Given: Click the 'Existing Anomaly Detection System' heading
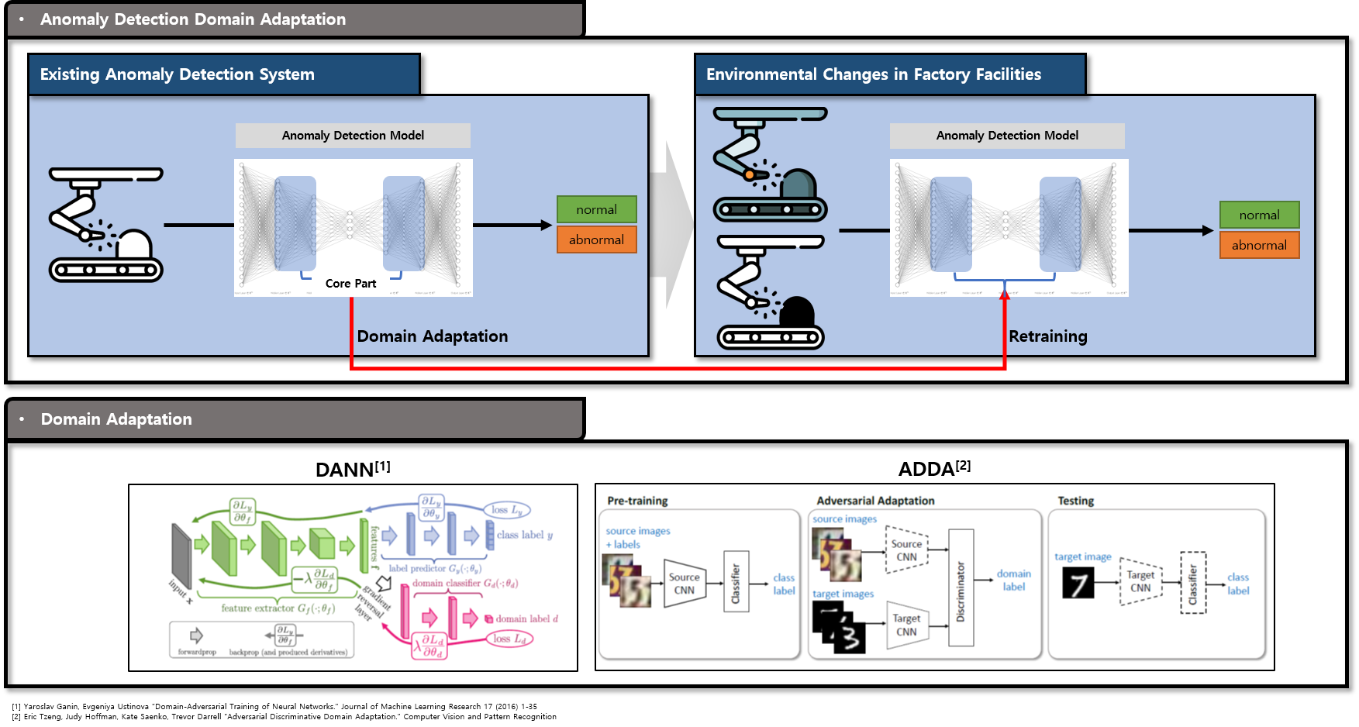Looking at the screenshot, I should (178, 74).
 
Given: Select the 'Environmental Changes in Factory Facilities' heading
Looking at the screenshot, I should (874, 74).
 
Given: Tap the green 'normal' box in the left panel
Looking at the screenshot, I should (596, 209).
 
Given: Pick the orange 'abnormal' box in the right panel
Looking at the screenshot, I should (1259, 245).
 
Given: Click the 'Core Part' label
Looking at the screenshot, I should (350, 284).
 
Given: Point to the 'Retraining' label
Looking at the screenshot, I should (1048, 336).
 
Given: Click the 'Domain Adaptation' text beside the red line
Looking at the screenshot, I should (433, 336).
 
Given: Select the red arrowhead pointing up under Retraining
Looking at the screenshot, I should (1005, 295).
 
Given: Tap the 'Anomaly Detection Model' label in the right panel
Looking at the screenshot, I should (1007, 136).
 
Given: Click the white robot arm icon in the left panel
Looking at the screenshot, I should (106, 225).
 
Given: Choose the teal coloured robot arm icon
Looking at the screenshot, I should (770, 164).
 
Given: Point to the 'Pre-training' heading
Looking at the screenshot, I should (637, 501).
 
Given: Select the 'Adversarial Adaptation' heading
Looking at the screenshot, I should (875, 501).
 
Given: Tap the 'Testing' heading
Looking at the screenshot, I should (1075, 501).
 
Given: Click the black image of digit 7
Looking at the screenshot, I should (1078, 583).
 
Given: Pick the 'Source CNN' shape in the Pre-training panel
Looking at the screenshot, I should (684, 584).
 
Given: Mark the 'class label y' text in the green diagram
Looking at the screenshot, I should (525, 535).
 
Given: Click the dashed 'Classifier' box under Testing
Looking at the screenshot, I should (1193, 583).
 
